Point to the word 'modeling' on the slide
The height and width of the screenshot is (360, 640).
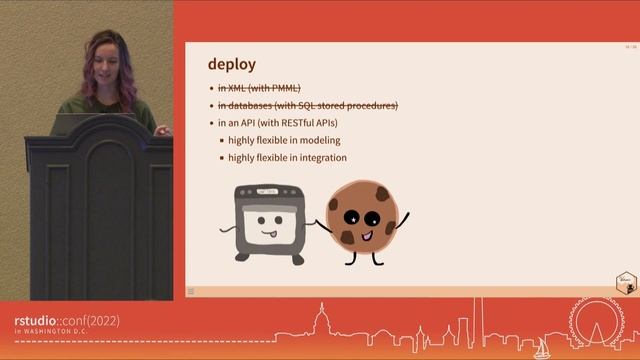pos(319,140)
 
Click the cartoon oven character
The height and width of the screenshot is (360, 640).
pos(266,222)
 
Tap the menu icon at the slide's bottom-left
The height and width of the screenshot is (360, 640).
pos(191,292)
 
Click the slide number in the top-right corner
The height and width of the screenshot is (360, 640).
pos(628,47)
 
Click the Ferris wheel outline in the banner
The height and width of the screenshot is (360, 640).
pos(598,324)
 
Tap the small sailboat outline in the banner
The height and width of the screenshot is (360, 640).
pos(542,347)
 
